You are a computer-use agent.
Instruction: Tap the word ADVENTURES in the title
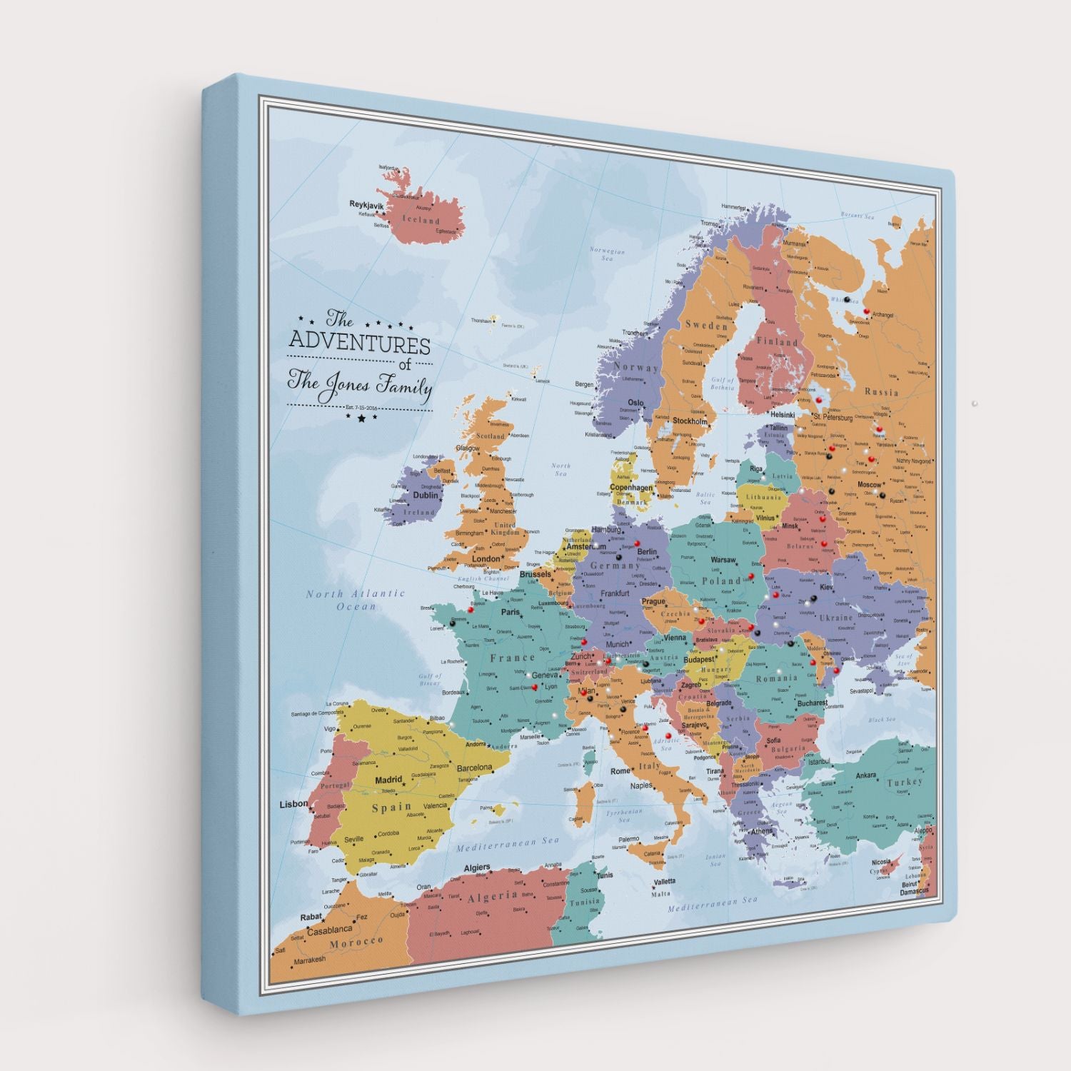pos(359,346)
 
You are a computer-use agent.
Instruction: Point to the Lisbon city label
pos(293,804)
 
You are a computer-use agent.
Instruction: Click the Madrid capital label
pos(389,780)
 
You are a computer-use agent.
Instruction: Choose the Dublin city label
pos(426,495)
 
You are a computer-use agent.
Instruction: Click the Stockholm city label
pos(690,421)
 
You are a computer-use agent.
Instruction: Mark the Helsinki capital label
pos(783,415)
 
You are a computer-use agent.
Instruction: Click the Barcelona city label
pos(475,768)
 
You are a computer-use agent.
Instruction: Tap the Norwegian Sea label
pos(607,255)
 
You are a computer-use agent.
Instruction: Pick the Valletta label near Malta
pos(664,882)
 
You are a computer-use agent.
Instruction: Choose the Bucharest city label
pos(812,703)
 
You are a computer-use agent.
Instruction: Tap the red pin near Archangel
pos(868,311)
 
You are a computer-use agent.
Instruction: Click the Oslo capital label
pos(635,403)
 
